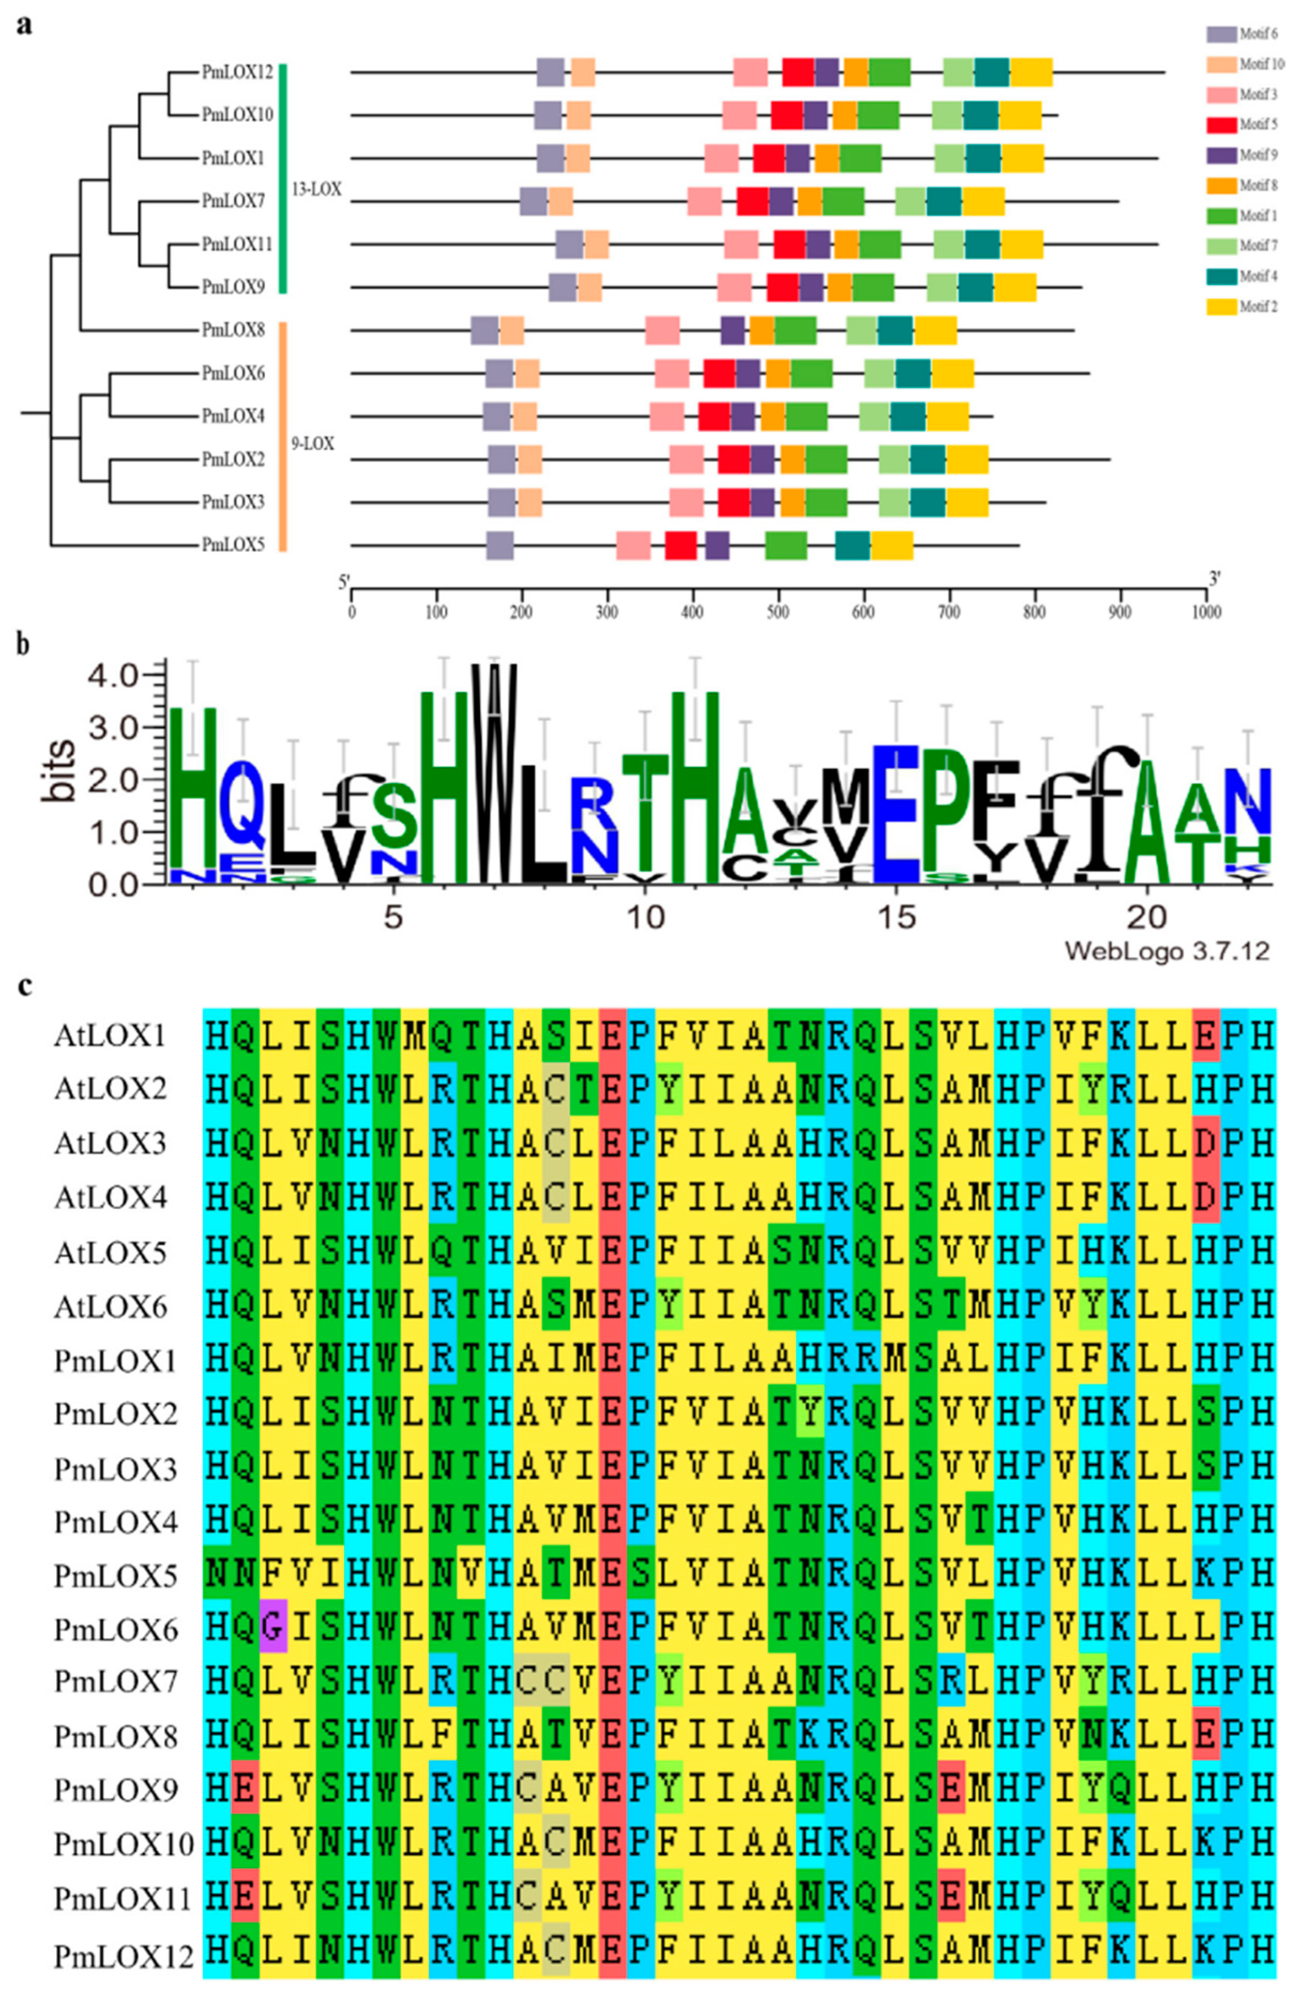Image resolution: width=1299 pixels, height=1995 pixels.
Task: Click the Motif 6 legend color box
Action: (1220, 34)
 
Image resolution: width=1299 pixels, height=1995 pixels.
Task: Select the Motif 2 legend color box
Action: (1220, 307)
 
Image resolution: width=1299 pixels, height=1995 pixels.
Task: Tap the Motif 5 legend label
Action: (1258, 125)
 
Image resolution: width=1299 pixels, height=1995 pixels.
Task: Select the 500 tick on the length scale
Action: (778, 611)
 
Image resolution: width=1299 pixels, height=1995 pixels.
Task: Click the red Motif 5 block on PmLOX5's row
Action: (680, 546)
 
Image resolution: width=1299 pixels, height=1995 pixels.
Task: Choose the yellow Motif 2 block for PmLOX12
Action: (1031, 72)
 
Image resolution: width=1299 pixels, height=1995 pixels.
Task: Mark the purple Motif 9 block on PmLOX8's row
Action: (732, 330)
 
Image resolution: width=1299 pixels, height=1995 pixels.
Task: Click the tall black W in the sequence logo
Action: (494, 771)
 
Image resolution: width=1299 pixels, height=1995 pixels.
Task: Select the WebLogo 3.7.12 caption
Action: (1165, 951)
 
